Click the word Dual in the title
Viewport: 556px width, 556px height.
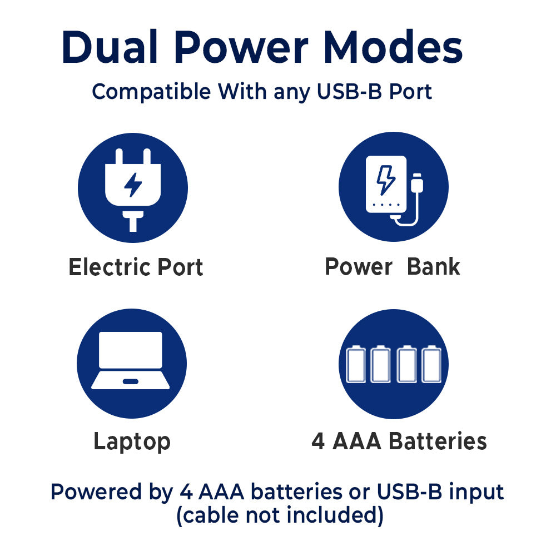(110, 47)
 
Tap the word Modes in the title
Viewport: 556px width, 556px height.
(393, 47)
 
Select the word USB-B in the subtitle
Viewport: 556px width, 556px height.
(349, 92)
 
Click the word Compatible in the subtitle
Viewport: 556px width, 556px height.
(151, 92)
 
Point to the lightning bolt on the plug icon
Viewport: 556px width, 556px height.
(133, 185)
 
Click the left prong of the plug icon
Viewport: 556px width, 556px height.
(119, 156)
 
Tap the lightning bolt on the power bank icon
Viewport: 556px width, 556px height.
(386, 180)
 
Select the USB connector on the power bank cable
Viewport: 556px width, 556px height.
(417, 183)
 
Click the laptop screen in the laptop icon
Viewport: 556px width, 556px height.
(131, 350)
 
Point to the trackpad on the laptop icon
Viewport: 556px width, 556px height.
(131, 381)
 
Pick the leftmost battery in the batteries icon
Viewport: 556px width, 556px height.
(356, 364)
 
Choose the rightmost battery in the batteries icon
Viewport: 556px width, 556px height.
(431, 364)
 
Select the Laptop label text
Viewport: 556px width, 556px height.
(132, 442)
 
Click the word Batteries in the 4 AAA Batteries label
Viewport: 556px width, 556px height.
(438, 441)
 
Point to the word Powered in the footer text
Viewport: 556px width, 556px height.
(96, 492)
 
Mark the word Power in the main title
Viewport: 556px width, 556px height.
(241, 47)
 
